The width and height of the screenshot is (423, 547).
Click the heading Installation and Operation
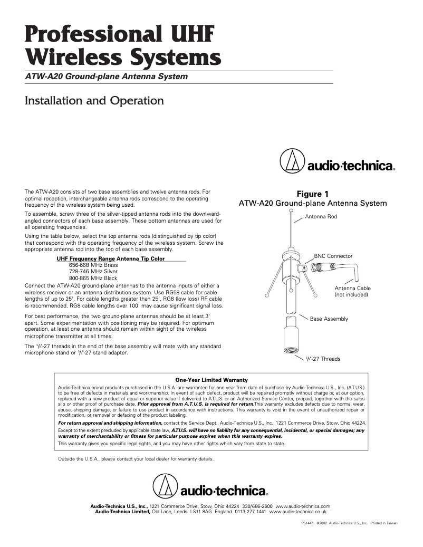pos(94,100)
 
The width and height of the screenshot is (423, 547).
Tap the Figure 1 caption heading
pos(313,194)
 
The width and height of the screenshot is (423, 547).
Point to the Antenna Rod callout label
pos(321,217)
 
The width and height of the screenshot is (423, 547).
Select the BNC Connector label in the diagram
pos(333,256)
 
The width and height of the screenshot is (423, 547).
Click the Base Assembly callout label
pos(329,319)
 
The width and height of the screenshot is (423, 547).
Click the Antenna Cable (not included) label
pos(352,291)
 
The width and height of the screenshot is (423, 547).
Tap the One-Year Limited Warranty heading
pos(211,380)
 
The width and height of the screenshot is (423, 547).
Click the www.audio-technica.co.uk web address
pos(298,512)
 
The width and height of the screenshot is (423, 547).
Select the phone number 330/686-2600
pos(257,506)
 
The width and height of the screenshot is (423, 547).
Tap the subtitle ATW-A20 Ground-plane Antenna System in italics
pos(107,77)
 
